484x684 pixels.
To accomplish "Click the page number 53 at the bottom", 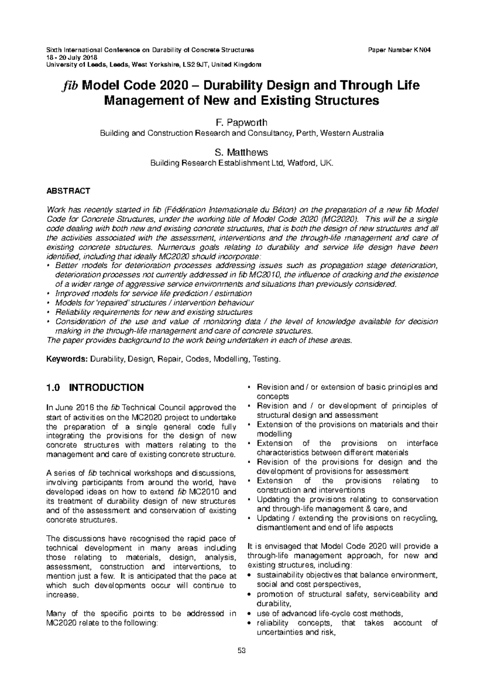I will [x=242, y=651].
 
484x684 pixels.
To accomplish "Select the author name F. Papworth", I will [x=242, y=122].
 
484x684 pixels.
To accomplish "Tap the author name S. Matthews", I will [x=242, y=152].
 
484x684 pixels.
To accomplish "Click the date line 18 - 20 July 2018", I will [x=69, y=58].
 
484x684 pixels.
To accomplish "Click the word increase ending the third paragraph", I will [x=61, y=595].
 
